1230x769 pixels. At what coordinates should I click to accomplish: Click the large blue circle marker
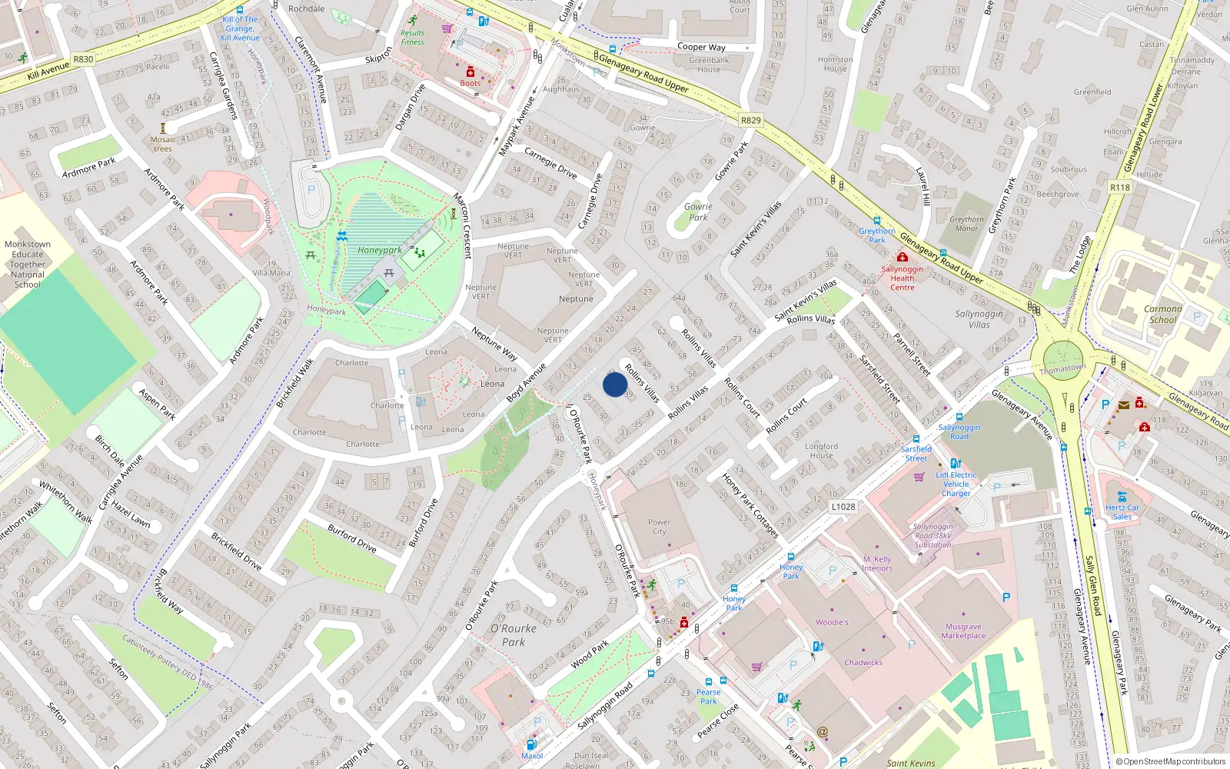[615, 384]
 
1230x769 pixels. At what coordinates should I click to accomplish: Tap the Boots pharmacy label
[470, 83]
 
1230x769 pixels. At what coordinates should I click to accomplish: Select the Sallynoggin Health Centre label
[903, 278]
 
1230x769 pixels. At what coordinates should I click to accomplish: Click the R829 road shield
[750, 120]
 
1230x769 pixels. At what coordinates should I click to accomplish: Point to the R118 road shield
[1120, 188]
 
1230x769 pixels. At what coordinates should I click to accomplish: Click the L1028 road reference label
[843, 506]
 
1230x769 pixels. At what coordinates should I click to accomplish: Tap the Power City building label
[659, 527]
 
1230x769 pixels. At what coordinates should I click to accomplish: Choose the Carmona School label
[1162, 314]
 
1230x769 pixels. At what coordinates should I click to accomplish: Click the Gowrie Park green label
[698, 211]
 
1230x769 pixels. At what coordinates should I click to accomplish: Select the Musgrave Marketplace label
[963, 631]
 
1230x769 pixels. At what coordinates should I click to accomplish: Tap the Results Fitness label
[412, 38]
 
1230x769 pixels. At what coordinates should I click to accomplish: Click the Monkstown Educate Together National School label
[28, 264]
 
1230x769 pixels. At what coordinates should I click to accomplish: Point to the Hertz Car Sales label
[1122, 511]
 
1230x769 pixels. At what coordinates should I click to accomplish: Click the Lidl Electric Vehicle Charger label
[956, 484]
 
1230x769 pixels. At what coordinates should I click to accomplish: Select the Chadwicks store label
[863, 662]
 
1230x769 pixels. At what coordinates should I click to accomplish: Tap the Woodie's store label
[832, 622]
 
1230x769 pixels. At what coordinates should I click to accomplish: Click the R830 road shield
[83, 59]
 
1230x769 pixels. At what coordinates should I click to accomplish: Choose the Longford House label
[821, 451]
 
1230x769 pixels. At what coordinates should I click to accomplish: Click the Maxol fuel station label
[532, 755]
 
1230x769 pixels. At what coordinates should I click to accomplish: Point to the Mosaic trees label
[163, 144]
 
